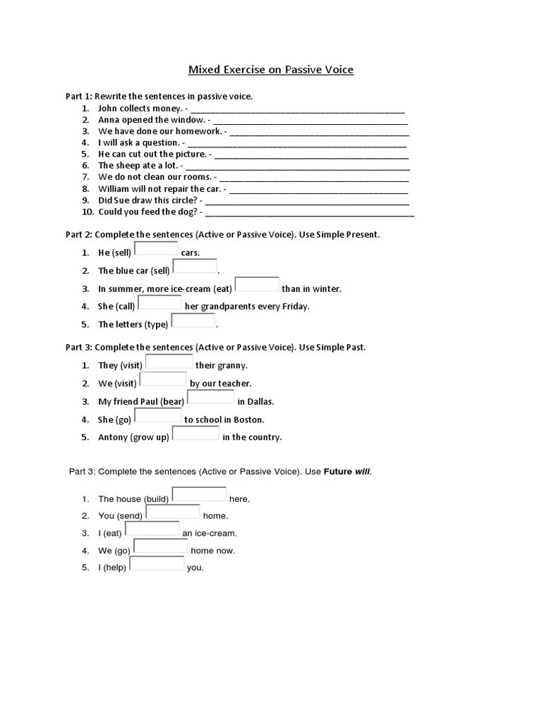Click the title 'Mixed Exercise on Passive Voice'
[270, 70]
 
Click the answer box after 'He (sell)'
[156, 248]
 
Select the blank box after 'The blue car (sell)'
[195, 267]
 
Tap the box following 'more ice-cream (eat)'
[257, 284]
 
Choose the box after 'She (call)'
[159, 302]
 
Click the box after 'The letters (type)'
[193, 321]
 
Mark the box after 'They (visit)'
[169, 362]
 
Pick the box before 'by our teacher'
[163, 379]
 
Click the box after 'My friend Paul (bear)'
[210, 398]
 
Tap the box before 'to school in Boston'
[159, 415]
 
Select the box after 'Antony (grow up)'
[195, 433]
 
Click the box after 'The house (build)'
[199, 494]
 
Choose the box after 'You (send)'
[172, 512]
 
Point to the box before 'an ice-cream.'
[152, 529]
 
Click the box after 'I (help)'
[156, 563]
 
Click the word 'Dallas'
[260, 402]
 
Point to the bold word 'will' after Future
[362, 471]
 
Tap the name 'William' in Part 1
[114, 189]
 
